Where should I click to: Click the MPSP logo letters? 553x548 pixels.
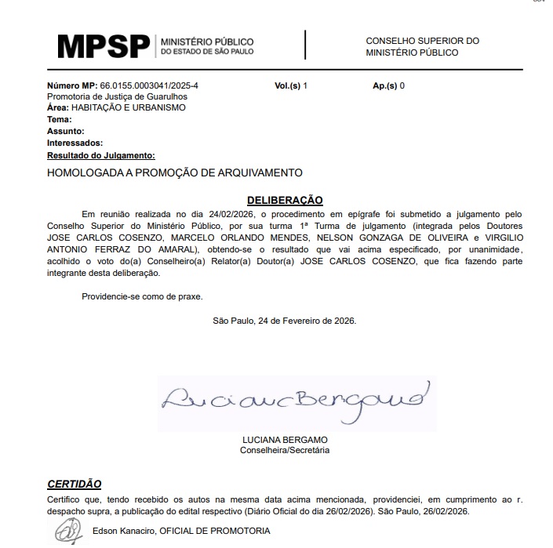click(104, 46)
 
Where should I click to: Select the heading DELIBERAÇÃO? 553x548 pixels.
click(285, 200)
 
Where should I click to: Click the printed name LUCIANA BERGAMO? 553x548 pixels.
click(285, 440)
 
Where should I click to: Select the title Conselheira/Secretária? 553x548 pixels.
click(285, 450)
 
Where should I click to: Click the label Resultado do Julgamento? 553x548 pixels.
click(100, 155)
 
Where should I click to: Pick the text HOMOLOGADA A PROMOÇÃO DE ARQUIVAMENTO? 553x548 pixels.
click(175, 172)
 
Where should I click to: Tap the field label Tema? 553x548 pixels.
click(60, 119)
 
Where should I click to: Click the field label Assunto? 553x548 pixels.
click(65, 131)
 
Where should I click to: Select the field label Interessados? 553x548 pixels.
click(75, 143)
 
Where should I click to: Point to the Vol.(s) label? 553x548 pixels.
click(288, 85)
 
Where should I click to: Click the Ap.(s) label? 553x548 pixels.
click(386, 85)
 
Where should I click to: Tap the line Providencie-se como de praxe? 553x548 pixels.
click(142, 296)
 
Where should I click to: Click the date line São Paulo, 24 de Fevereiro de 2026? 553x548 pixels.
click(284, 321)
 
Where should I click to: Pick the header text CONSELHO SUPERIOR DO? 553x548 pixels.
click(422, 41)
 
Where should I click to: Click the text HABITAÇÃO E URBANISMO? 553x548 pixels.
click(128, 107)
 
